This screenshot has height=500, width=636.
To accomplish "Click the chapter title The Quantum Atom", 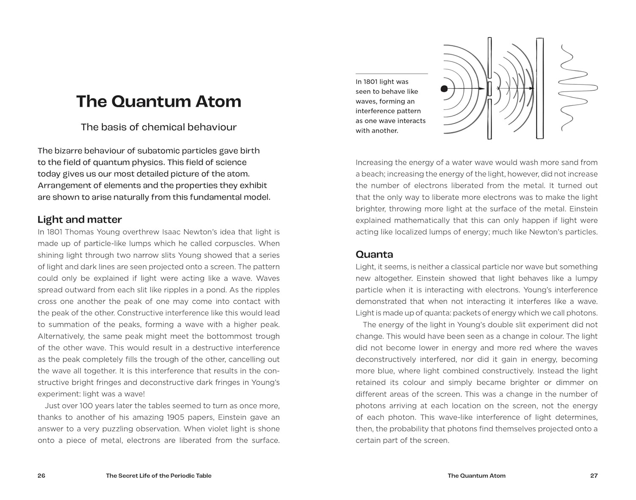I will [159, 101].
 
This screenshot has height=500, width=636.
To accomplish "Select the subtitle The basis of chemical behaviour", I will [159, 127].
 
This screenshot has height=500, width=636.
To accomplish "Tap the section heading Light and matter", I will [80, 219].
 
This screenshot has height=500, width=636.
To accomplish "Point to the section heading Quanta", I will [374, 254].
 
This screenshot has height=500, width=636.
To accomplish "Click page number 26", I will [41, 475].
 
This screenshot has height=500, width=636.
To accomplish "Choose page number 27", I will [594, 475].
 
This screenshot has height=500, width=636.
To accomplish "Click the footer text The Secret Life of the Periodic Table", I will [159, 475].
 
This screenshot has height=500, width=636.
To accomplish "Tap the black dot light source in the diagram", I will [444, 89].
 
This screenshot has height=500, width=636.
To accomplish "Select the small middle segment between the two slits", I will [489, 89].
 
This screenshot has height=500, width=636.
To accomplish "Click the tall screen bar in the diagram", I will [540, 88].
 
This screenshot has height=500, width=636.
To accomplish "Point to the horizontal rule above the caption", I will [391, 74].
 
